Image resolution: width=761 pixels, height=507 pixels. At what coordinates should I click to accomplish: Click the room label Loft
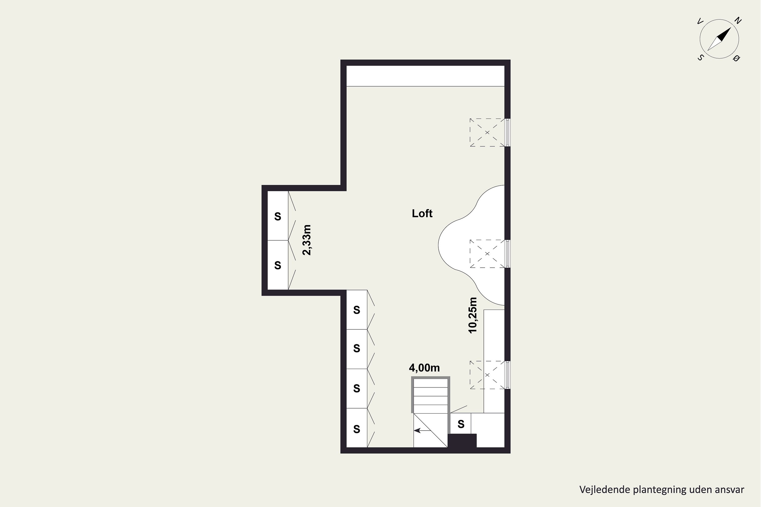(422, 213)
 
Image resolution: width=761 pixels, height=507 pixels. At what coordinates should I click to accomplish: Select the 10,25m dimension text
(473, 315)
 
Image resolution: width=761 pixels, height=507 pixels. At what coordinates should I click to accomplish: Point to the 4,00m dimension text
(424, 368)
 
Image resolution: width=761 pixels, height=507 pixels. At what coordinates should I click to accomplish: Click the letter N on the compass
(738, 21)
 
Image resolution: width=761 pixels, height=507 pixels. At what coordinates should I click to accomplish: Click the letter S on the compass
(700, 58)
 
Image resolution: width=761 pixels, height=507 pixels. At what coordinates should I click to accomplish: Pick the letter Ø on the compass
(737, 59)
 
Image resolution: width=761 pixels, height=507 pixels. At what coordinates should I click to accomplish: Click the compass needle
(719, 39)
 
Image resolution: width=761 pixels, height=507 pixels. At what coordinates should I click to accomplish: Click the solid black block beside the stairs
(462, 441)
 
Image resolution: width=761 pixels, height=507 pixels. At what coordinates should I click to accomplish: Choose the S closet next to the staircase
(461, 424)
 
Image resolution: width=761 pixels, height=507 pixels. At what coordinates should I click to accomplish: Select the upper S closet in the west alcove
(278, 216)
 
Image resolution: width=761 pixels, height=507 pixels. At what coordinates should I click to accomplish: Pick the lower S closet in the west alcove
(278, 265)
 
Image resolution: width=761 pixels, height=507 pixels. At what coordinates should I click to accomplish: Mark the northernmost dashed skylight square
(487, 133)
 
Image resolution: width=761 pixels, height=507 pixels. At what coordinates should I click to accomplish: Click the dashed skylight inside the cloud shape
(487, 254)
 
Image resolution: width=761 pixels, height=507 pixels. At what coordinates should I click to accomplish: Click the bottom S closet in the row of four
(357, 428)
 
